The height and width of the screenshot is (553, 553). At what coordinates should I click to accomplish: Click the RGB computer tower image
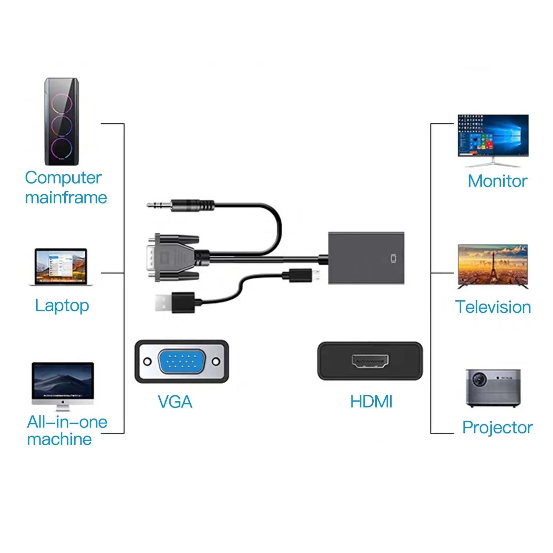coord(62,122)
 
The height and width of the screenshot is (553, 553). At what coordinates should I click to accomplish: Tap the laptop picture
coord(61,267)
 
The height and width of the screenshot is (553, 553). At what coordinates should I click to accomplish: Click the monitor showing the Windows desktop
coord(493,137)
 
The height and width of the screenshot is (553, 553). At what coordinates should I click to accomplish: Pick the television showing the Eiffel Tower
coord(493,265)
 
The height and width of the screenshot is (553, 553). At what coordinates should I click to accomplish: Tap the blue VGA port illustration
coord(181,362)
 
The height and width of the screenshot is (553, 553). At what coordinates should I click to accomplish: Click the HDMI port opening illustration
coord(370,362)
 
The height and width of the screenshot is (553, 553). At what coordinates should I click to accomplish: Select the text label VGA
coord(175,402)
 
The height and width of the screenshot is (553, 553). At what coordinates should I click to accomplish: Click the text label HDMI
coord(371,402)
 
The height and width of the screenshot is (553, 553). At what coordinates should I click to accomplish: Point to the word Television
coord(493,307)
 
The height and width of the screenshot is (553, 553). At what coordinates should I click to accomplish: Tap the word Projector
coord(497,428)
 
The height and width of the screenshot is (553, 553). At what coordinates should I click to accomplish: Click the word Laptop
coord(62,306)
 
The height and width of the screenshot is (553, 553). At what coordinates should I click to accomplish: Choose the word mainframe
coord(66,198)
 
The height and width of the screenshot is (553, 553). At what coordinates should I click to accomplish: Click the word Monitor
coord(497,181)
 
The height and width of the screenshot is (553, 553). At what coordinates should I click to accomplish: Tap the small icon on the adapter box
coord(393,259)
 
